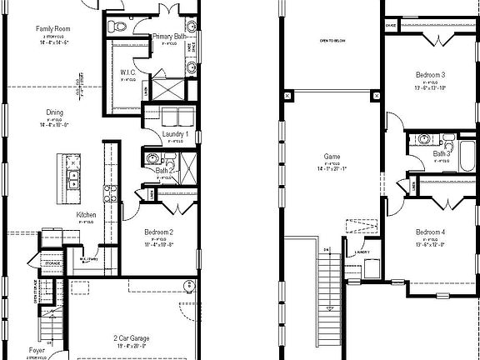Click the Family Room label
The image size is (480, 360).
click(51, 29)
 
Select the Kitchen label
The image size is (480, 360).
click(86, 214)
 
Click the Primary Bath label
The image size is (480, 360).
click(168, 37)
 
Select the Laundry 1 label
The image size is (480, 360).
click(175, 133)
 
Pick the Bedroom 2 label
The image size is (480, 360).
click(157, 231)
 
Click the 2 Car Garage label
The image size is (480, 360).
click(136, 337)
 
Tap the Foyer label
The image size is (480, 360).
click(36, 351)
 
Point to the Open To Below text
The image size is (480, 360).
click(333, 40)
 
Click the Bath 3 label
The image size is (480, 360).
click(442, 152)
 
